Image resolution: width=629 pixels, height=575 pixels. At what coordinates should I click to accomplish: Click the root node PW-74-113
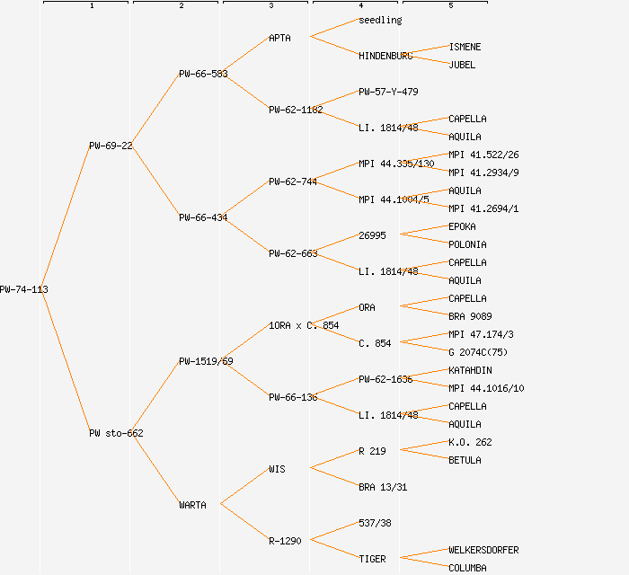click(23, 289)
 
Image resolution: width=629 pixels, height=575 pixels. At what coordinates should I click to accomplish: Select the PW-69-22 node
click(111, 146)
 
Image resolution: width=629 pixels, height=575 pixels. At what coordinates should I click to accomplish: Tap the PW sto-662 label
click(116, 433)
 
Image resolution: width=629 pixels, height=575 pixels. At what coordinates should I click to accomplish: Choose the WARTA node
click(192, 505)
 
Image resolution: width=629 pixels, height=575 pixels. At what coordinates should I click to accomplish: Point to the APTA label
click(279, 38)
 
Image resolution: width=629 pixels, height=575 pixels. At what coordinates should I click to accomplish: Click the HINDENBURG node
click(385, 56)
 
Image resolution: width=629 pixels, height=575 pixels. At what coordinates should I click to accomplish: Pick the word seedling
click(380, 20)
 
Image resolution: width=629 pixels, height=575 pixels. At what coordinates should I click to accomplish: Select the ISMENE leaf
click(465, 47)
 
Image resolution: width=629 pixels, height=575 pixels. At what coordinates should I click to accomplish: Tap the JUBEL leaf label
click(462, 65)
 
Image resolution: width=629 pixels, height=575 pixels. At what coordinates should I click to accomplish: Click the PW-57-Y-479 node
click(388, 92)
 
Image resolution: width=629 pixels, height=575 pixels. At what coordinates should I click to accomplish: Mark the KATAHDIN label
click(470, 370)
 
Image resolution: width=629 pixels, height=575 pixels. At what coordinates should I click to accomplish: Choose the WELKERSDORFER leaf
click(483, 550)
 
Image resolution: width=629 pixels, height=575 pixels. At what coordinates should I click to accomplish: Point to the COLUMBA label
click(467, 568)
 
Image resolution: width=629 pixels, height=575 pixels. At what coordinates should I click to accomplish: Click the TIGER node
click(372, 559)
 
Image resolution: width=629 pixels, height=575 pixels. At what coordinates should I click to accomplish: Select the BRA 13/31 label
click(383, 487)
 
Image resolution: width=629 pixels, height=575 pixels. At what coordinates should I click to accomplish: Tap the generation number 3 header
click(270, 6)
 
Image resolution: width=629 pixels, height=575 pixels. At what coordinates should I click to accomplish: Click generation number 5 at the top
click(450, 6)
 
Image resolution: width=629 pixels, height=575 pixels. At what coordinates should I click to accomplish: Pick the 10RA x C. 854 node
click(304, 325)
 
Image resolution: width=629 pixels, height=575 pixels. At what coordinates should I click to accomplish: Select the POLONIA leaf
click(467, 244)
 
